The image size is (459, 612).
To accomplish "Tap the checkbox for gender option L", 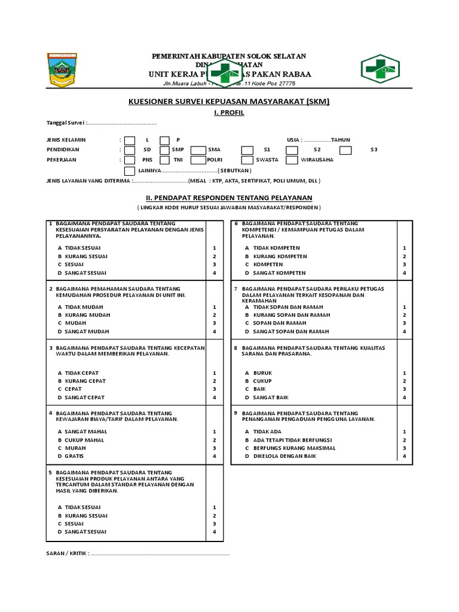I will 130,140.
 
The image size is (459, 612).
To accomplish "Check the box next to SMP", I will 165,150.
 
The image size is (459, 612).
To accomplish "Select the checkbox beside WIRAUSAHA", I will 292,160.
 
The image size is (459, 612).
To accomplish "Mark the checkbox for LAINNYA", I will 130,170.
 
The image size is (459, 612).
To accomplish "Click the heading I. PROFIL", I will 229,113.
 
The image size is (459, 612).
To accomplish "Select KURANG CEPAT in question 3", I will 85,381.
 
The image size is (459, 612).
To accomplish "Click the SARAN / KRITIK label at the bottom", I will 68,553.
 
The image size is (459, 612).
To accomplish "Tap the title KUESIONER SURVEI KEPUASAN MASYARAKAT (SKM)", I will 229,102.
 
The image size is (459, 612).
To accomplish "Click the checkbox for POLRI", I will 198,160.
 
